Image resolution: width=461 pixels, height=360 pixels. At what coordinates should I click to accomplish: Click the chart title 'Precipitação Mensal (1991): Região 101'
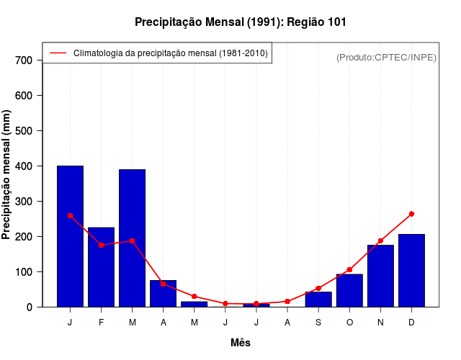(241, 22)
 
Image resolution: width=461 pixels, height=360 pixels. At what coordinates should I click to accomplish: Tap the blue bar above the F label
(101, 267)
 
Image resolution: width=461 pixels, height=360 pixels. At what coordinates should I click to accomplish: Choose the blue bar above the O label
(349, 291)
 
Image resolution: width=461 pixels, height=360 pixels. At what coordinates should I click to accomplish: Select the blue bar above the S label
(318, 300)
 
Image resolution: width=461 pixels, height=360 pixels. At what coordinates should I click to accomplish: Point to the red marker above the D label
(411, 214)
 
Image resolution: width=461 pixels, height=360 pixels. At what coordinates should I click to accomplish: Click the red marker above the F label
(101, 245)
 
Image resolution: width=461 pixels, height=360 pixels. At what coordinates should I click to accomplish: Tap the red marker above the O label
(349, 270)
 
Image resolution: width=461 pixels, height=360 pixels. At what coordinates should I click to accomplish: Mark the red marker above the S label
(318, 288)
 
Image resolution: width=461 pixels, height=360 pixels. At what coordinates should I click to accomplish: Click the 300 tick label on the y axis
(24, 202)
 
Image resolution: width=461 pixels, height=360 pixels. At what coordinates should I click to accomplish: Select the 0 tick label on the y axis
(30, 307)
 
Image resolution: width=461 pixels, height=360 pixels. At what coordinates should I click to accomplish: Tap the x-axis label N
(380, 323)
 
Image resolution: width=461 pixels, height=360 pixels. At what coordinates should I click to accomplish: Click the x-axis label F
(101, 323)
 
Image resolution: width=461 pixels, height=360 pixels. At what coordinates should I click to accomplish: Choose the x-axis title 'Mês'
(241, 343)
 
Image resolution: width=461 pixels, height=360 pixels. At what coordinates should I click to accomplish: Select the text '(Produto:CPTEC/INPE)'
(387, 58)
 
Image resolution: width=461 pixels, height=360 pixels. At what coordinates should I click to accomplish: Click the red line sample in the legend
(58, 53)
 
